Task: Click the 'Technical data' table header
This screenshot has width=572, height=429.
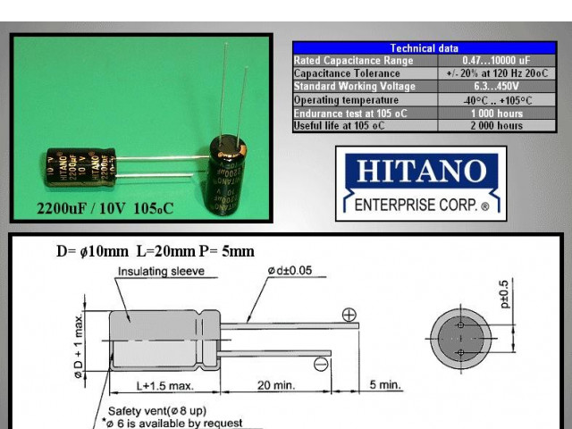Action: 425,48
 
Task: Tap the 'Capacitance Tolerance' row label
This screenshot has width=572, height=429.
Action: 344,74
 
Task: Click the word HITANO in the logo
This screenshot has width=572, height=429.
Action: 420,171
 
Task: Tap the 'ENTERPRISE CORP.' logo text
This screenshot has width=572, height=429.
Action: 420,206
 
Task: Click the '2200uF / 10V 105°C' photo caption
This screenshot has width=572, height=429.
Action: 105,209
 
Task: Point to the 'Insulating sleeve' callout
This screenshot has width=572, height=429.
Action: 161,271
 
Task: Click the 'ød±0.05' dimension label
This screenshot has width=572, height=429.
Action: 289,271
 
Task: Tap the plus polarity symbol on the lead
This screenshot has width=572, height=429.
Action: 349,315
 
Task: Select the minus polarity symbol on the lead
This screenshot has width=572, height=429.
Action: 320,363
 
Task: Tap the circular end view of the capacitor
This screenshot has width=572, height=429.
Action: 460,338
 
